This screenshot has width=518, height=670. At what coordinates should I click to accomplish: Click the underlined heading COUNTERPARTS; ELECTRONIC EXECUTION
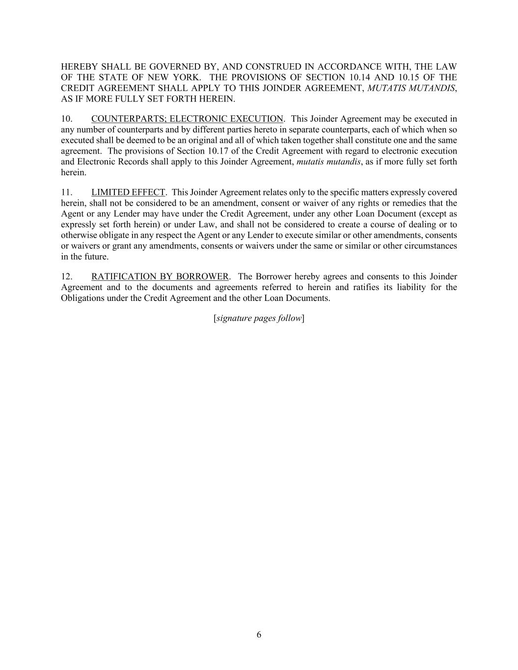[187, 119]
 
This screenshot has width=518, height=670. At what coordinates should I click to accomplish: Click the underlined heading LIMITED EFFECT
[128, 192]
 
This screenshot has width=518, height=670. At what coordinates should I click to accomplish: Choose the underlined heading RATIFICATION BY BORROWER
[160, 276]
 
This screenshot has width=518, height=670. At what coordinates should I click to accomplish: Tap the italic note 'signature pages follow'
[259, 318]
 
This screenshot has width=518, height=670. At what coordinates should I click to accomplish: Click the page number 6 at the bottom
[259, 635]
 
